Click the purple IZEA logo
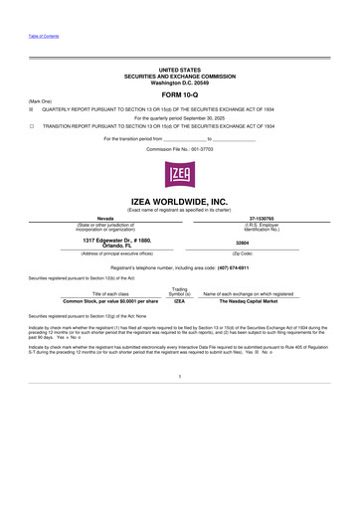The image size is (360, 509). click(x=179, y=176)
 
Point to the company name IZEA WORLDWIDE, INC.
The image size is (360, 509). click(x=179, y=201)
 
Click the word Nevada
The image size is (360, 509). click(x=103, y=218)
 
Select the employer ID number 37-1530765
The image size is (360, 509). click(x=264, y=218)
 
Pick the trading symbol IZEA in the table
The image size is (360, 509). click(x=180, y=300)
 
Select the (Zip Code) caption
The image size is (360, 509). click(x=264, y=254)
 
